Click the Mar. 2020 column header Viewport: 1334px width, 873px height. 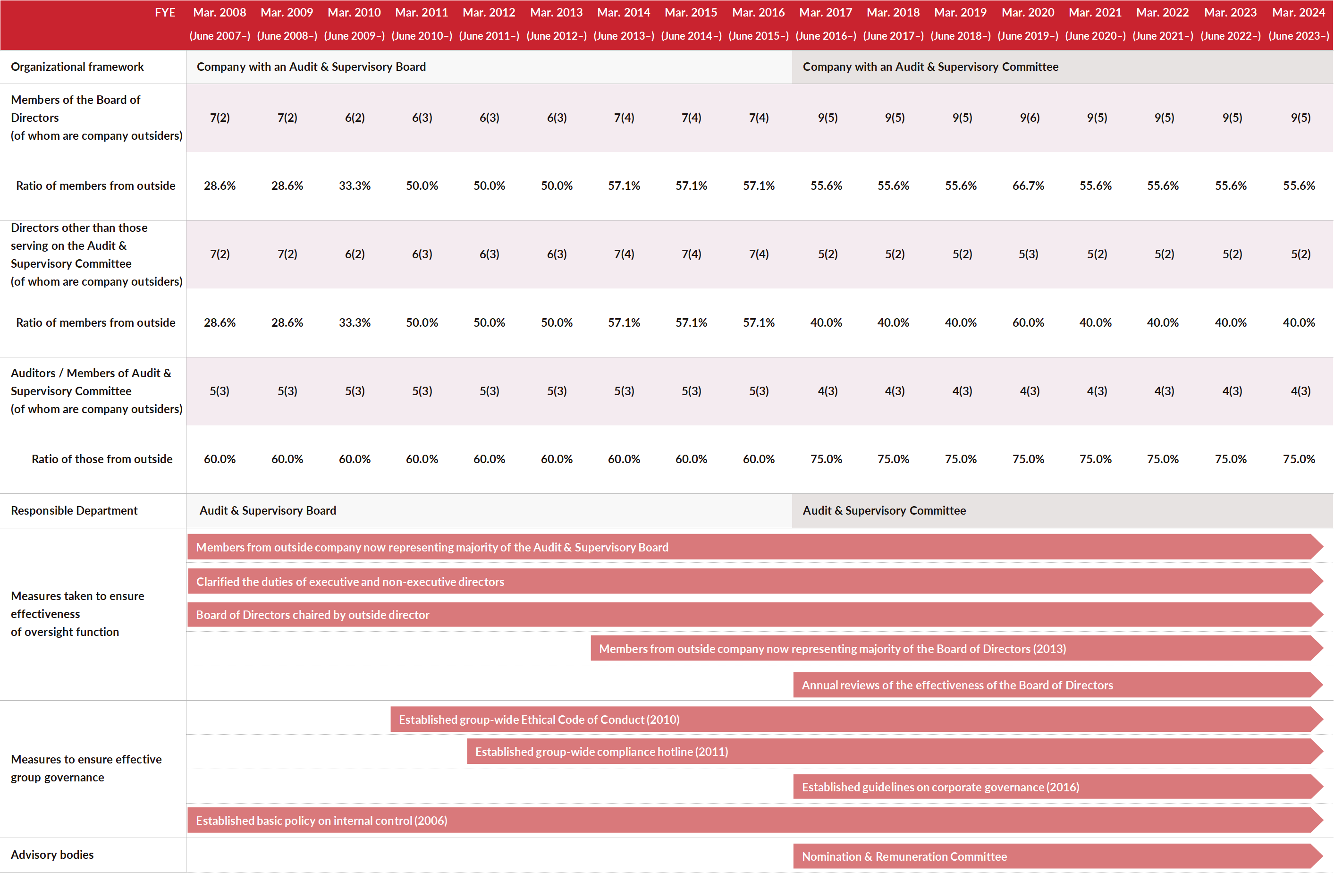1028,12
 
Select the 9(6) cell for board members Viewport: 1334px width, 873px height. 1030,118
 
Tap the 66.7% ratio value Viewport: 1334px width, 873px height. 1029,186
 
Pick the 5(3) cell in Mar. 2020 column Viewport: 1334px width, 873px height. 1029,254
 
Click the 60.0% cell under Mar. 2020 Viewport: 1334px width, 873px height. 1029,322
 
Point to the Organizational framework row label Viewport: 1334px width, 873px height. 77,67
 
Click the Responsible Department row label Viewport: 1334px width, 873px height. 74,510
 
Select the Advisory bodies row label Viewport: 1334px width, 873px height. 52,855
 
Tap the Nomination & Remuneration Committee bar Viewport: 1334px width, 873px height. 1058,856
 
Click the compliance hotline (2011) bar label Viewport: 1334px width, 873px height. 601,751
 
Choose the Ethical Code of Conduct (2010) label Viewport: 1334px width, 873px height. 539,720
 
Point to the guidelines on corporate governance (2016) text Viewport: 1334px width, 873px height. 940,787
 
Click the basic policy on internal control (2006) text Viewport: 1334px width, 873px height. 322,820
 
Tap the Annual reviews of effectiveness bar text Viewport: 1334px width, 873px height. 957,685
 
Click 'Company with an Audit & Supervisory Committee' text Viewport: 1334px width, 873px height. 930,67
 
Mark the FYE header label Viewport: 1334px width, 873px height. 165,12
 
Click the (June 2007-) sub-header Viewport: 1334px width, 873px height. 220,36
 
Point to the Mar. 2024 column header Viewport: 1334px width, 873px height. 1299,12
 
